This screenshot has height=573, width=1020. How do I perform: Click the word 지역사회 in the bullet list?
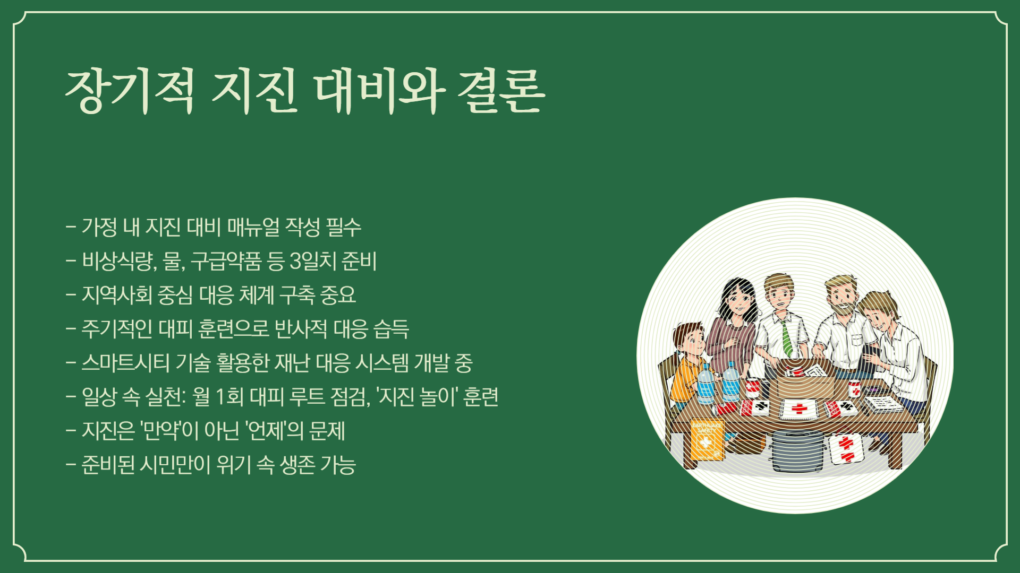(x=117, y=295)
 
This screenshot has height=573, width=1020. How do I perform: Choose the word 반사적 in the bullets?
(x=301, y=329)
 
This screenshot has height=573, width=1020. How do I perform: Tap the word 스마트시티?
(x=125, y=363)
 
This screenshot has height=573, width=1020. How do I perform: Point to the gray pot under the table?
(x=797, y=451)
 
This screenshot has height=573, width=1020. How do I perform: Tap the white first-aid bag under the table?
(x=846, y=448)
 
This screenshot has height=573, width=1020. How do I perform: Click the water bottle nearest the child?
(x=705, y=383)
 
